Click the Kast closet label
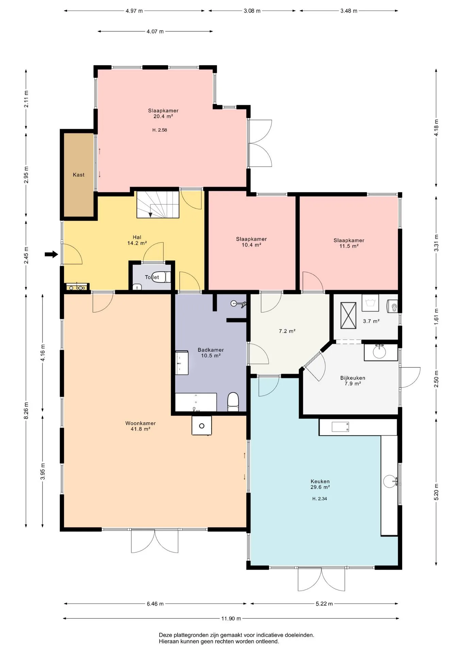click(79, 175)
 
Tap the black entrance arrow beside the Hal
click(51, 254)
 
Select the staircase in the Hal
click(158, 204)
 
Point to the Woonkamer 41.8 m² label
click(141, 426)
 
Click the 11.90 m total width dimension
click(231, 618)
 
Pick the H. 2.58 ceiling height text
click(160, 130)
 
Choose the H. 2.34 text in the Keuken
click(320, 499)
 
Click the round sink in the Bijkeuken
click(379, 352)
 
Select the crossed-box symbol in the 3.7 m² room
click(348, 315)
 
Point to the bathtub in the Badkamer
click(196, 402)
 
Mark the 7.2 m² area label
click(287, 331)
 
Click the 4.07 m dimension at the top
click(155, 31)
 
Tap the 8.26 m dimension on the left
click(26, 411)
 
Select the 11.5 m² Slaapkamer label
click(349, 243)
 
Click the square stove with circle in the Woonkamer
click(202, 425)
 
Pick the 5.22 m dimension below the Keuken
click(324, 604)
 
